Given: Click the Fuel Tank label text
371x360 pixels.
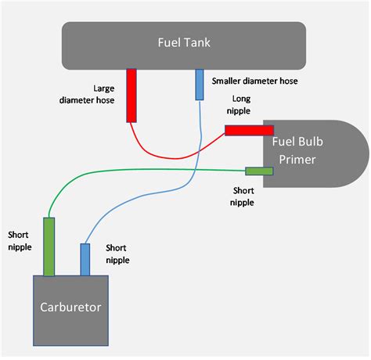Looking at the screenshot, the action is pos(184,42).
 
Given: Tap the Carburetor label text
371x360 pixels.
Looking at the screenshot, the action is pos(70,307).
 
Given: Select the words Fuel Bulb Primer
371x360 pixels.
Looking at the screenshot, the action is pos(297,150).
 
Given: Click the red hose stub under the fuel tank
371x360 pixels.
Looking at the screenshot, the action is pos(131,95).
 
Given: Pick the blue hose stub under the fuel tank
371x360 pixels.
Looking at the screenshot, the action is pos(200,85).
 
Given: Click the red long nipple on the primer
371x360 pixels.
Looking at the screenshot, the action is pos(249,131).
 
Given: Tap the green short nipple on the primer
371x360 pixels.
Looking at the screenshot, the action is pos(259,171).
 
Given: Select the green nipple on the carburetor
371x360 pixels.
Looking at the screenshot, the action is pos(49,247).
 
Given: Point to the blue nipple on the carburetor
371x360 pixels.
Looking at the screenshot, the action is pos(85,260).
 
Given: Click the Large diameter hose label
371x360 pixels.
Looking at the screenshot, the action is pos(87,94).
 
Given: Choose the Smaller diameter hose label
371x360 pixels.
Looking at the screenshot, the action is pos(254,81).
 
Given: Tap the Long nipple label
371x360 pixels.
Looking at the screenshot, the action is pos(239,105).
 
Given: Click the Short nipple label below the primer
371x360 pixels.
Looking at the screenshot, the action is pos(242,196).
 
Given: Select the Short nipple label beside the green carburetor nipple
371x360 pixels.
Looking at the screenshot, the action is pos(20,241).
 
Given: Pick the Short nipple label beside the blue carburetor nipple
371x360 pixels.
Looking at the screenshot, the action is pos(117,254).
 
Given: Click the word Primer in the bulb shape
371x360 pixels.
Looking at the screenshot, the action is pos(297,160).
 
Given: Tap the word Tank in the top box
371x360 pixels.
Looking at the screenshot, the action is pos(197,42).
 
